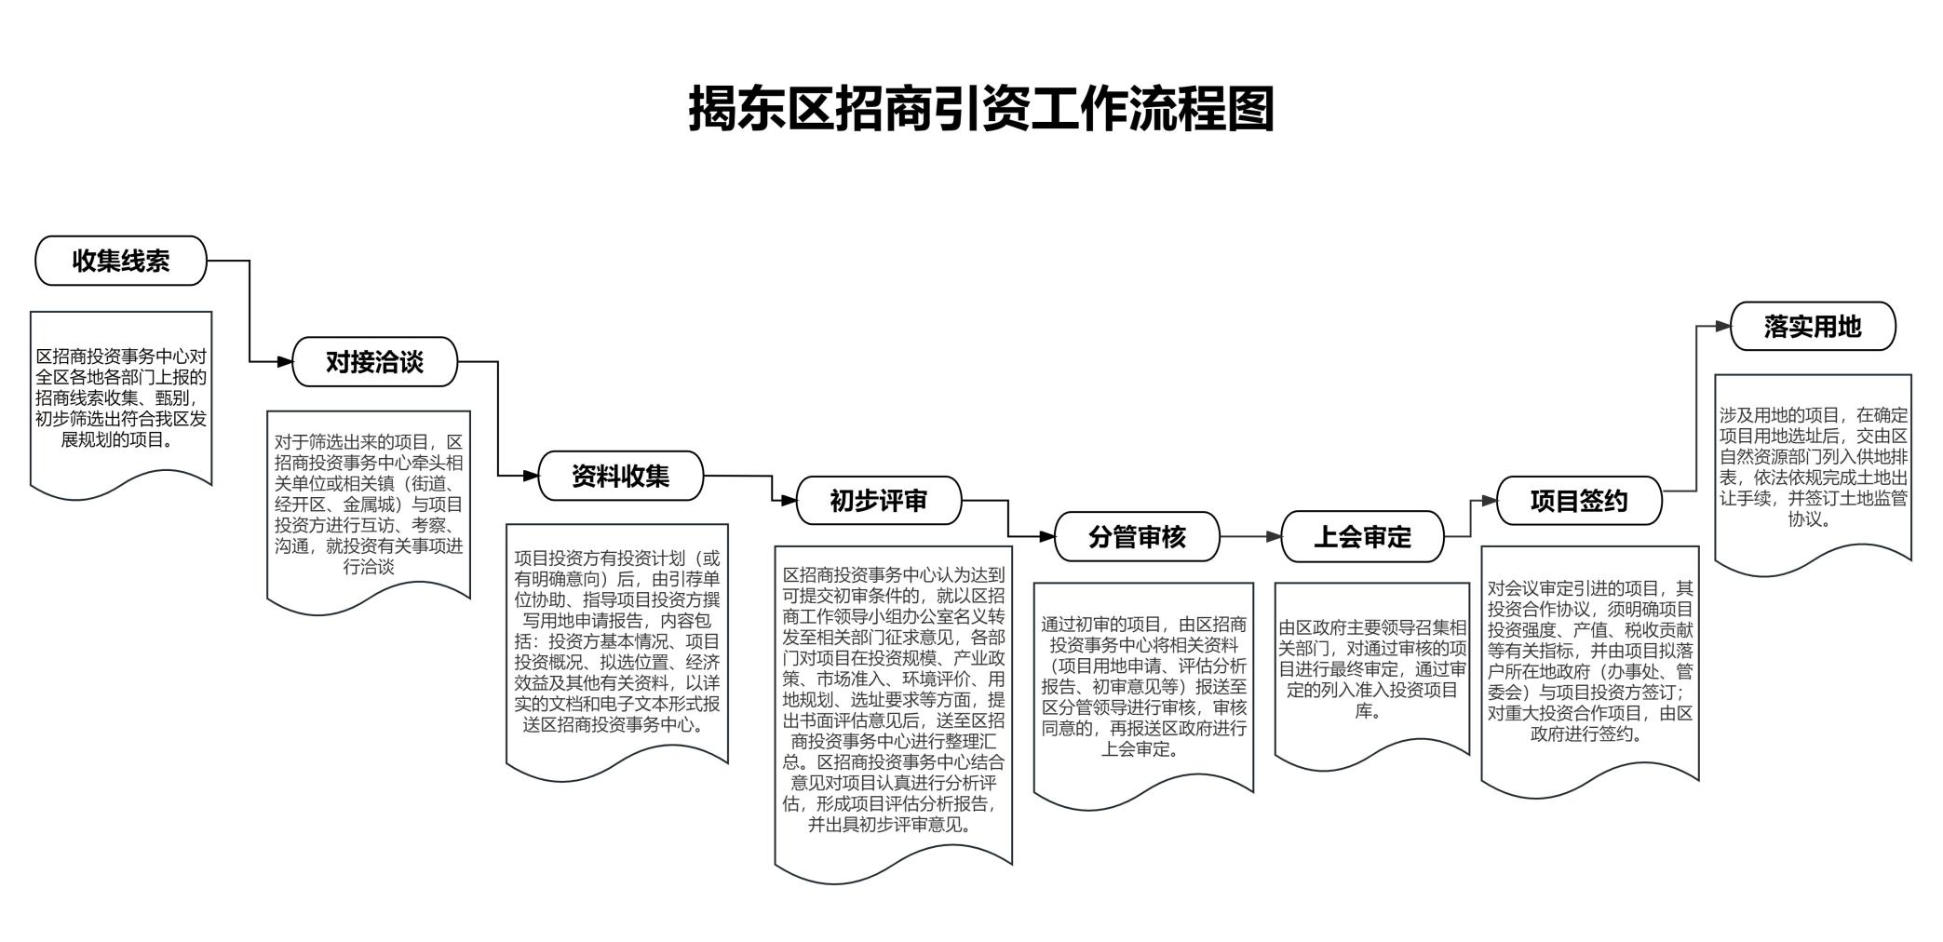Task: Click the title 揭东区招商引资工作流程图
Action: (980, 109)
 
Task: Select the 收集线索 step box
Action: (121, 261)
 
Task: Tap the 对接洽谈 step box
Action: (374, 361)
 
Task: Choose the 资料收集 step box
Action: (621, 476)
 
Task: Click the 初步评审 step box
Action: (879, 501)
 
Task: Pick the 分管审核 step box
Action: (1137, 536)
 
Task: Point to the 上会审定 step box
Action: (1362, 537)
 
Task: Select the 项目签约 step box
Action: (1579, 501)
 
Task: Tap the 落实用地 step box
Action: (1813, 326)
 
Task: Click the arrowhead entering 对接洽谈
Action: (284, 361)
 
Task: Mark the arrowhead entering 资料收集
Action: (531, 476)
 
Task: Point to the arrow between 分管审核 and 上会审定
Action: (1250, 537)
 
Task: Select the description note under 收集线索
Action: (121, 400)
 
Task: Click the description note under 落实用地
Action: (1814, 470)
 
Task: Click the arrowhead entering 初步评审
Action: (789, 501)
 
